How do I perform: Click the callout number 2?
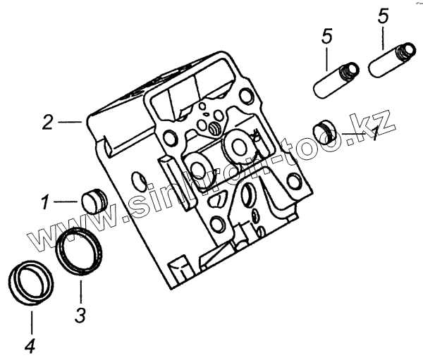pos(47,122)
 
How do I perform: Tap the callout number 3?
pos(81,314)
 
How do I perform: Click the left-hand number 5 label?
pos(326,38)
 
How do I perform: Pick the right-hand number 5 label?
pos(384,16)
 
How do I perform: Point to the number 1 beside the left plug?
pos(44,203)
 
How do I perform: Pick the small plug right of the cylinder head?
pos(325,131)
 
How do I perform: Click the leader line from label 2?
pos(70,123)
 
